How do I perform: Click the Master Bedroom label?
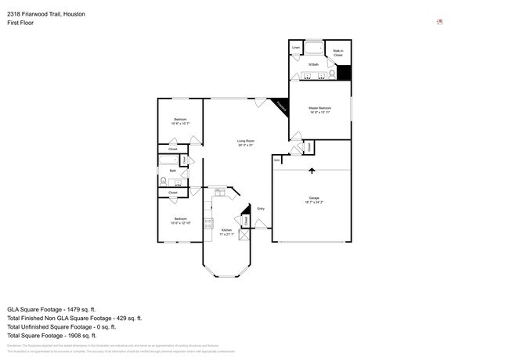click(319, 108)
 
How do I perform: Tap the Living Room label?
click(247, 141)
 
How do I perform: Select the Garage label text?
click(313, 197)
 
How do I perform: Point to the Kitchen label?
click(226, 230)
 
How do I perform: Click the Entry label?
click(261, 208)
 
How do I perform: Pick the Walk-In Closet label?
click(338, 54)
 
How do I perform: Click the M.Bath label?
click(312, 64)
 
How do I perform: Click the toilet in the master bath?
click(332, 74)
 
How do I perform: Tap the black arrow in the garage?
click(312, 170)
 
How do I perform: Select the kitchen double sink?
click(220, 190)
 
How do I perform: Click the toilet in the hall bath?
click(163, 180)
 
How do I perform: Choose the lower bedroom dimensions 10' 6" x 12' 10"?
click(181, 221)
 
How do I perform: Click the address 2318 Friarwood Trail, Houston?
click(47, 14)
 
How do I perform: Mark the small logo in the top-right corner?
click(440, 22)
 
